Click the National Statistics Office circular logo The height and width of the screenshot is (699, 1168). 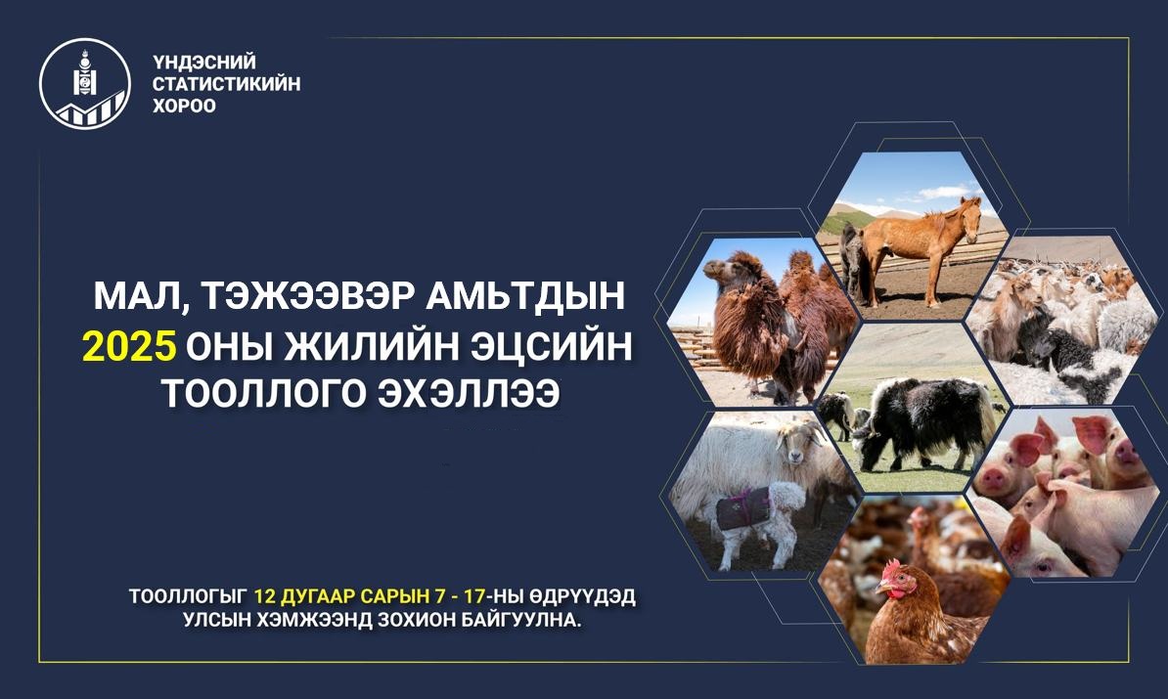click(x=85, y=83)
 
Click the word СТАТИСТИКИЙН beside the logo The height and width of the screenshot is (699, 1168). click(x=226, y=83)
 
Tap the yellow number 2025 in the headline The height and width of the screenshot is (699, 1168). click(x=129, y=346)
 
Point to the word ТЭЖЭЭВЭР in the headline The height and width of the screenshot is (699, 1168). click(x=302, y=296)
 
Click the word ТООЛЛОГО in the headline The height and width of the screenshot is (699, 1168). click(x=263, y=394)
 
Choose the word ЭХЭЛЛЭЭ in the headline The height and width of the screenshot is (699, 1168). click(x=469, y=394)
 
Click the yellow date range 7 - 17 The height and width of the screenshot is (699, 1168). click(x=461, y=597)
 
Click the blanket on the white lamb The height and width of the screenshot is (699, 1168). click(x=743, y=508)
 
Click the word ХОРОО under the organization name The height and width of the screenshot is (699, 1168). click(x=184, y=106)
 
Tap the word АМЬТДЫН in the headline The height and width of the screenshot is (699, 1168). click(x=526, y=296)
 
